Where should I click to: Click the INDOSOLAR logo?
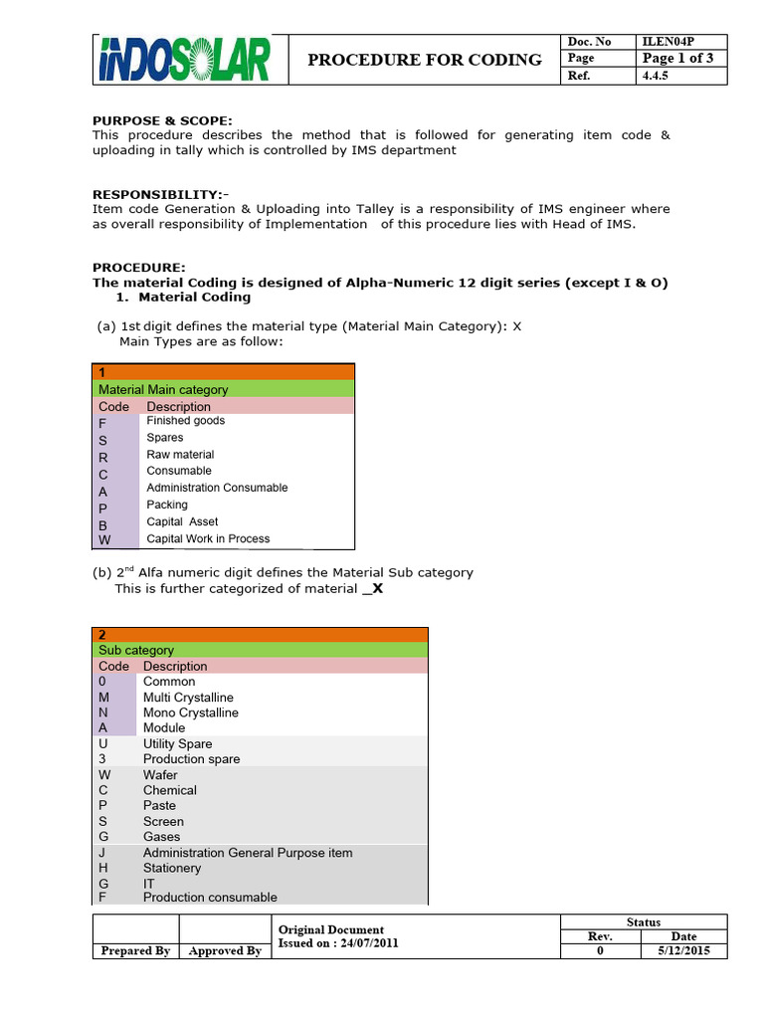[185, 59]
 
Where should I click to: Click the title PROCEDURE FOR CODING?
[425, 59]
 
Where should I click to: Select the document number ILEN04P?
[670, 41]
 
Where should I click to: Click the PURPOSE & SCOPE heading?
[162, 120]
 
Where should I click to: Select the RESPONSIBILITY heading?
[161, 194]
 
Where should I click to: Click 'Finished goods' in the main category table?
[185, 421]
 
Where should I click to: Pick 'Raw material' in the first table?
[180, 455]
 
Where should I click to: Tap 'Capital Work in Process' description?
[208, 538]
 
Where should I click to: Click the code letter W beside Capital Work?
[104, 540]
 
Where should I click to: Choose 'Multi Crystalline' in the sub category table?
[188, 698]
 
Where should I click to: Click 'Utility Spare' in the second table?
[177, 743]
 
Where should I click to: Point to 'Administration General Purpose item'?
[248, 853]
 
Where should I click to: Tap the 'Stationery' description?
[172, 868]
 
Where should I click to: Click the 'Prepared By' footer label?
[135, 951]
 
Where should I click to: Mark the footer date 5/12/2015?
[683, 951]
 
